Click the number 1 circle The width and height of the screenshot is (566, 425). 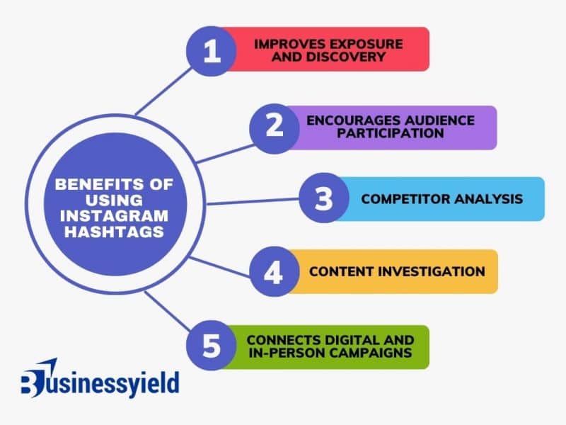tap(211, 50)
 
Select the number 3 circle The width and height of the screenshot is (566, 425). tap(323, 199)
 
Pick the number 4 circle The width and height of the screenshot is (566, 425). tap(274, 272)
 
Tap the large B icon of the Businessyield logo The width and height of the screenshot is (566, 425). tap(33, 382)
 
